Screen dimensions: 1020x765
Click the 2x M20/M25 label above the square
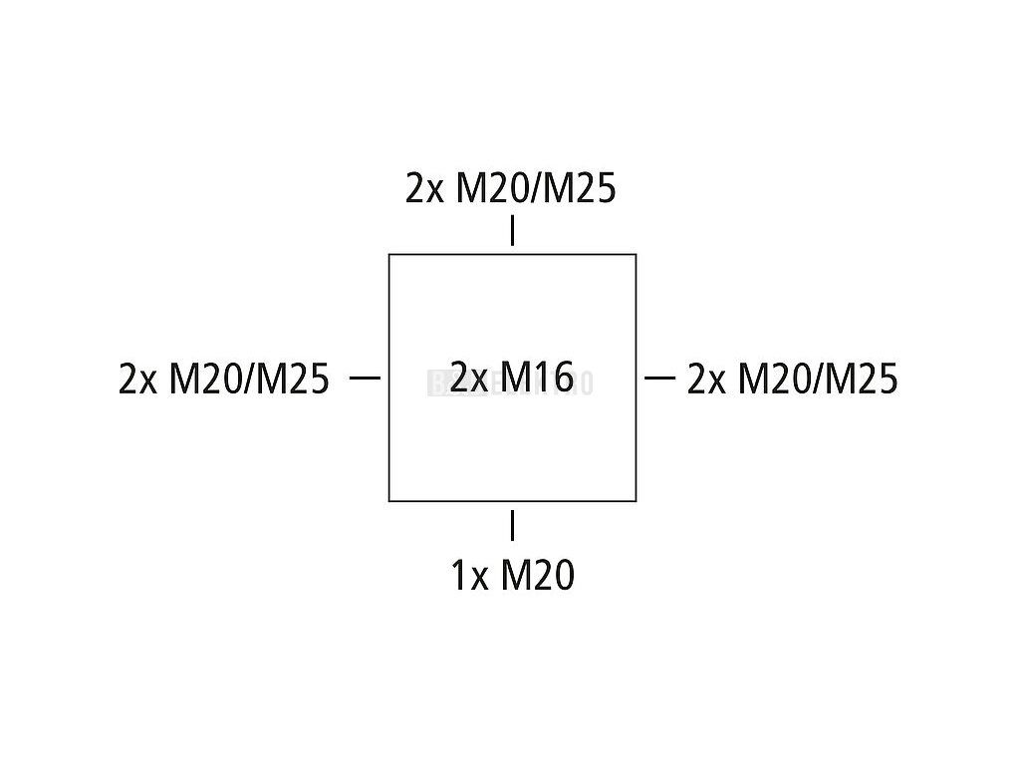(x=510, y=188)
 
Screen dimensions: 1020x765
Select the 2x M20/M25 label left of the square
(x=223, y=379)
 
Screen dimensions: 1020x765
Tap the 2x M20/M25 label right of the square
(x=792, y=379)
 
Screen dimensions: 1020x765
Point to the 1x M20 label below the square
(x=512, y=576)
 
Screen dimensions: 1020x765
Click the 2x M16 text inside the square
(x=511, y=378)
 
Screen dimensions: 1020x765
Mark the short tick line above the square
(x=512, y=230)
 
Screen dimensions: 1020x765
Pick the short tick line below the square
(x=512, y=525)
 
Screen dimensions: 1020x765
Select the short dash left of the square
(x=366, y=378)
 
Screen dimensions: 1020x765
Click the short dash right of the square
(x=659, y=378)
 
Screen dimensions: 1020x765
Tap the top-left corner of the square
(x=388, y=255)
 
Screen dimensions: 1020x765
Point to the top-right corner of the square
(x=636, y=255)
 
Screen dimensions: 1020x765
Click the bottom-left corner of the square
(x=388, y=500)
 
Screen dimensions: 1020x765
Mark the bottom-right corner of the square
(x=636, y=500)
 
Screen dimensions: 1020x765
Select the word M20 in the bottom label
(x=537, y=576)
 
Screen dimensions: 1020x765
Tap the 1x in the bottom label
(x=469, y=576)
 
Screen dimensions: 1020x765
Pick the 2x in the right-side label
(x=706, y=379)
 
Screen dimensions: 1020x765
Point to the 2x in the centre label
(x=468, y=378)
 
